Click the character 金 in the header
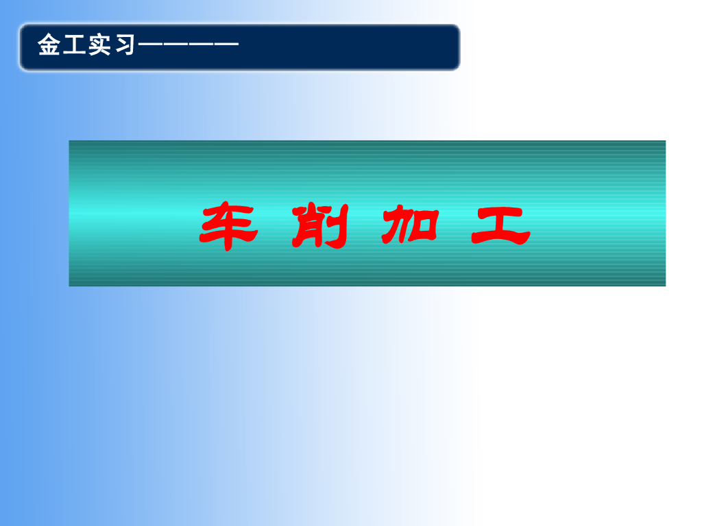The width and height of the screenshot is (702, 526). click(49, 47)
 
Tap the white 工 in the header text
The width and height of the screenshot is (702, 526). click(73, 47)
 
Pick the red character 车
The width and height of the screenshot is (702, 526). click(228, 226)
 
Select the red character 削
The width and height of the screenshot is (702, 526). click(319, 226)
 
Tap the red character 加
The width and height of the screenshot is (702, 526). click(409, 226)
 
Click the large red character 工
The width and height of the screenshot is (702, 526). click(500, 226)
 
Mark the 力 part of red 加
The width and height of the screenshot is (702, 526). click(397, 226)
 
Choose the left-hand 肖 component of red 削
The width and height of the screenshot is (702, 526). click(308, 227)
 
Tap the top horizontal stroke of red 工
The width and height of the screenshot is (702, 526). click(500, 210)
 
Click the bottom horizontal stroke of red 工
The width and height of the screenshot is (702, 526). click(500, 240)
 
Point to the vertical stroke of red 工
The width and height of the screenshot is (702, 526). click(500, 225)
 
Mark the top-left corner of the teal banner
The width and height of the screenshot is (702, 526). click(70, 142)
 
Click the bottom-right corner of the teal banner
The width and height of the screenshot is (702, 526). click(664, 284)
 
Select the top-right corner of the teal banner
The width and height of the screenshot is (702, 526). click(664, 142)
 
